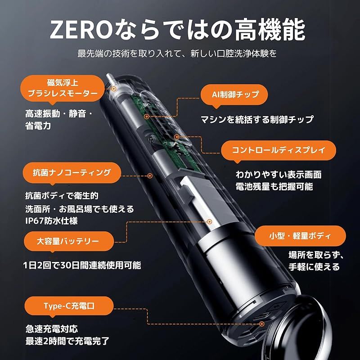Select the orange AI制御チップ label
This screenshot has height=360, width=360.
point(234,95)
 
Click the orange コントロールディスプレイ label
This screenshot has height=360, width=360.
point(279,150)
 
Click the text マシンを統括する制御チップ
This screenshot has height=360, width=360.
point(257,120)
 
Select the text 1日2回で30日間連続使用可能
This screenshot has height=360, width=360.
point(81,265)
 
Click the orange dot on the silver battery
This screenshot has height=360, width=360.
point(210,221)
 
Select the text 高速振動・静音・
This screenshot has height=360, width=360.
point(58,114)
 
